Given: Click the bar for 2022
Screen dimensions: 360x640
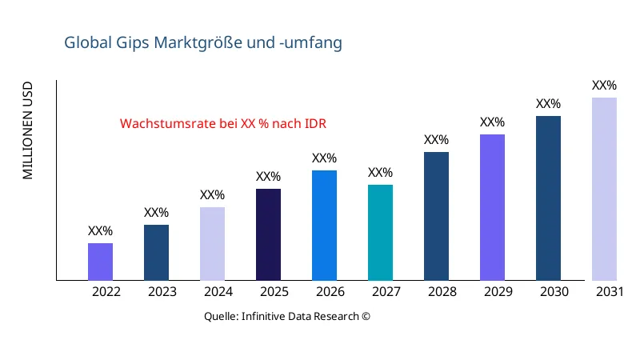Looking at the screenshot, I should pyautogui.click(x=100, y=262).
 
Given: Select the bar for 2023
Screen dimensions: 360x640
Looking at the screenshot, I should pyautogui.click(x=156, y=253).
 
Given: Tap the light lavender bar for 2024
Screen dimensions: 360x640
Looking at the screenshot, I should pyautogui.click(x=212, y=244).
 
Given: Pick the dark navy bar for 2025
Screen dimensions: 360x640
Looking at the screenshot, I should pyautogui.click(x=268, y=234).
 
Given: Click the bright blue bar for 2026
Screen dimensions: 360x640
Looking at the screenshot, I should pyautogui.click(x=324, y=226).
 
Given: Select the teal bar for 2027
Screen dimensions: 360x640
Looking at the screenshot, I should pyautogui.click(x=380, y=233).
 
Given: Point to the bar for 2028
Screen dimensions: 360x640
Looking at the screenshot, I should pyautogui.click(x=436, y=216).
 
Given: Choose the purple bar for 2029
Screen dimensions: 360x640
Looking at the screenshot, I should pyautogui.click(x=492, y=207).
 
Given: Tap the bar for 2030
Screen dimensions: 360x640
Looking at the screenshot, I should pyautogui.click(x=548, y=198).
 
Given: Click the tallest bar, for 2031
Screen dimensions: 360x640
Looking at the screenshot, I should pyautogui.click(x=604, y=189).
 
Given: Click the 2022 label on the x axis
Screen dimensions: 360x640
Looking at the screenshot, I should pyautogui.click(x=106, y=292).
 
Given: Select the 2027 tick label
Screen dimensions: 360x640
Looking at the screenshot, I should pyautogui.click(x=386, y=292).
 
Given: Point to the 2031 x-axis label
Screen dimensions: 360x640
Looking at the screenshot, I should pyautogui.click(x=610, y=292).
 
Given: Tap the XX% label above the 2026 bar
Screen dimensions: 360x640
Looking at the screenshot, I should pyautogui.click(x=324, y=158).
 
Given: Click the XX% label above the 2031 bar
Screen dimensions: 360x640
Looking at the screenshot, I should pyautogui.click(x=604, y=86).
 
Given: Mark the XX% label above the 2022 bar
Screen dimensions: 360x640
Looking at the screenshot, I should pyautogui.click(x=100, y=231).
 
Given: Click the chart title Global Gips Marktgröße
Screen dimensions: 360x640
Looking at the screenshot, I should pyautogui.click(x=203, y=42).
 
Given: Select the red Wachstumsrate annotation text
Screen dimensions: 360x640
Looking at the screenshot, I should pyautogui.click(x=223, y=124).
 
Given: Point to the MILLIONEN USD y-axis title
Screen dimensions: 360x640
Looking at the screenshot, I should pyautogui.click(x=28, y=130).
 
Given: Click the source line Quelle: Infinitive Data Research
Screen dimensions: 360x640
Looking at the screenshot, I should pyautogui.click(x=287, y=316).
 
